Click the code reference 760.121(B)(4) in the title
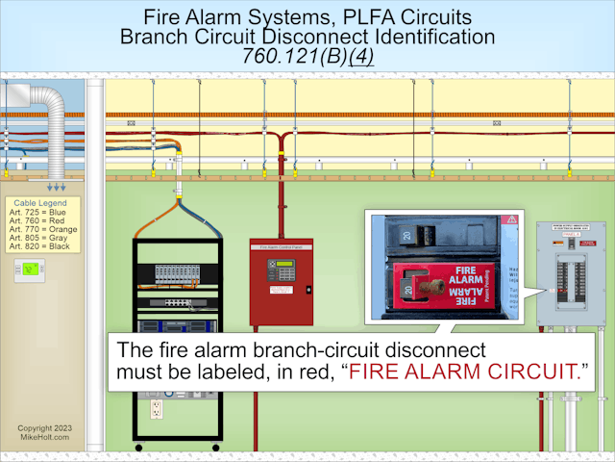click(307, 56)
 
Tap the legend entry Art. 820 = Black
click(39, 246)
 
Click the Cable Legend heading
click(38, 202)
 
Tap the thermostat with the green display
click(30, 272)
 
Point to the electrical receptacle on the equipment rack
click(157, 408)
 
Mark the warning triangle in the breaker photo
click(510, 221)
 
